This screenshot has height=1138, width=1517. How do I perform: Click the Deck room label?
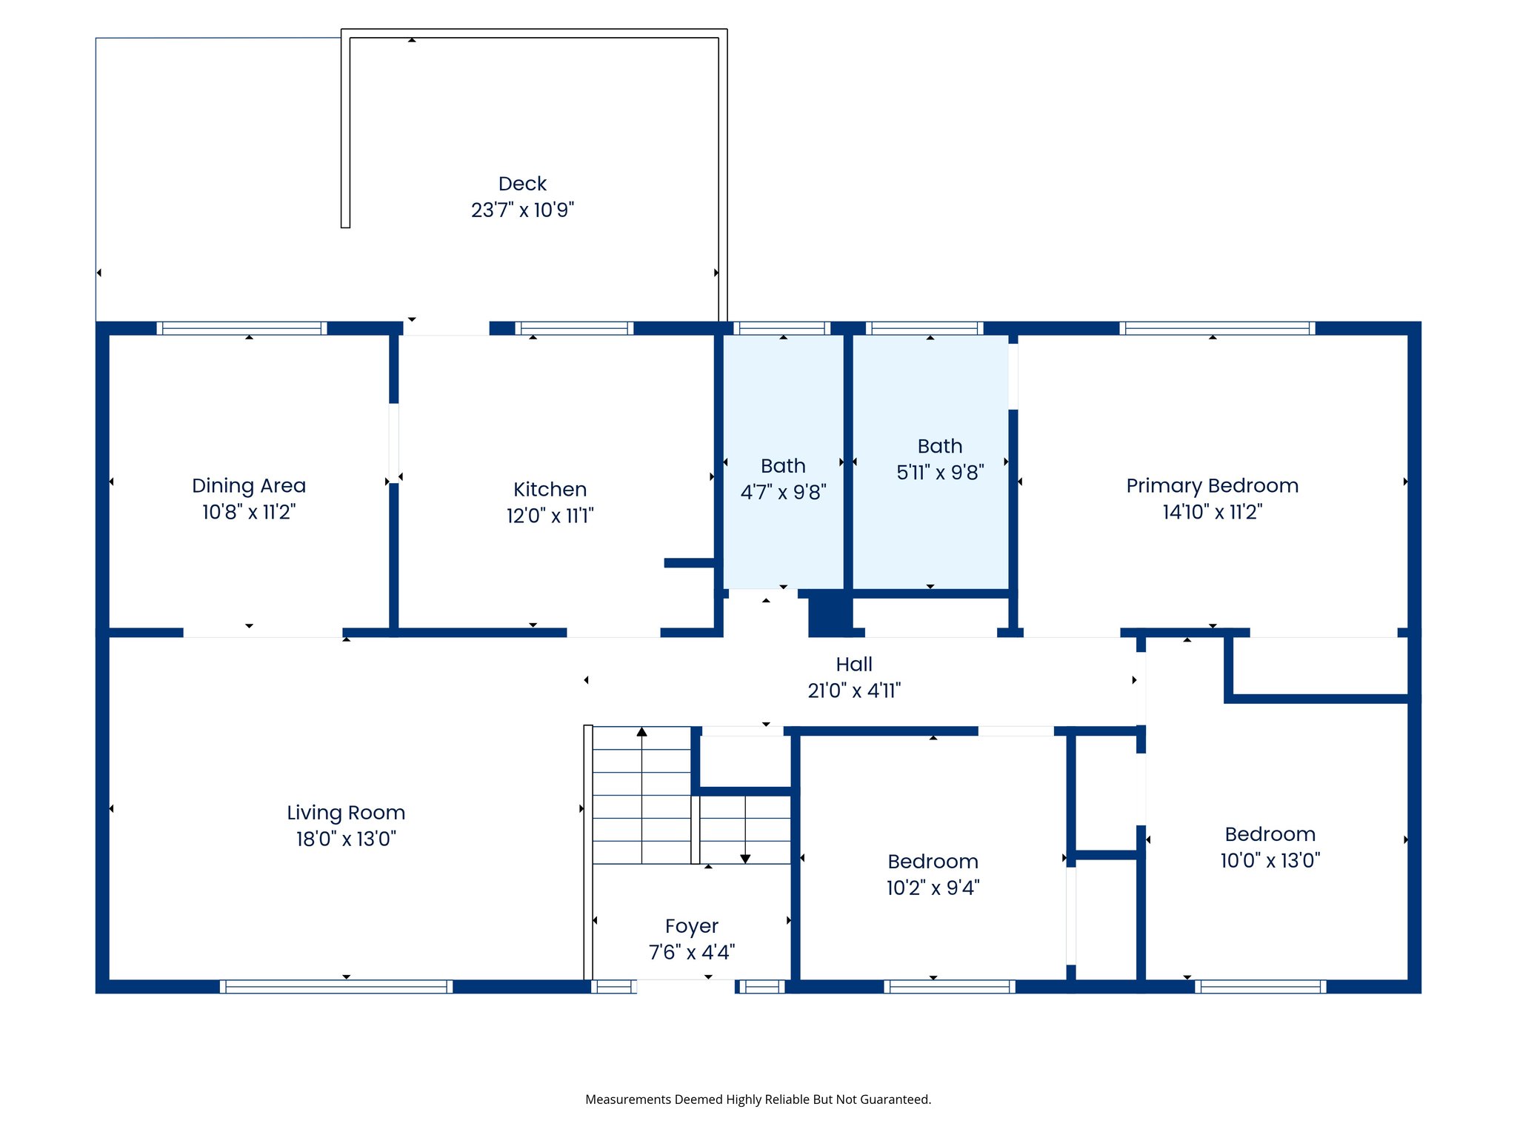pyautogui.click(x=522, y=184)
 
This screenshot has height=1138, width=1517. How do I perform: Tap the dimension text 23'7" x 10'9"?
pyautogui.click(x=522, y=210)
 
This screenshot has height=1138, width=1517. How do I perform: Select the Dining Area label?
pyautogui.click(x=248, y=486)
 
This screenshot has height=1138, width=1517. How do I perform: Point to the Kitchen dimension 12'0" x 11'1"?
pyautogui.click(x=550, y=516)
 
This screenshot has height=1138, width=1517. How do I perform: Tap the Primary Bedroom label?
pyautogui.click(x=1212, y=486)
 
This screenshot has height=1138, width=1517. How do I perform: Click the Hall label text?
pyautogui.click(x=853, y=665)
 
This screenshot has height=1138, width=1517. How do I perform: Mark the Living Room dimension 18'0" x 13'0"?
pyautogui.click(x=346, y=839)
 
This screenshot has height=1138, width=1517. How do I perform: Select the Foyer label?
pyautogui.click(x=691, y=926)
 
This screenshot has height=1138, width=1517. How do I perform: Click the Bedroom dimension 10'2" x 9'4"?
pyautogui.click(x=933, y=888)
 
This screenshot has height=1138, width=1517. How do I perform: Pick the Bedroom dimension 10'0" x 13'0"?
pyautogui.click(x=1270, y=860)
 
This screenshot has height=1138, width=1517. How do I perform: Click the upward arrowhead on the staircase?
pyautogui.click(x=641, y=732)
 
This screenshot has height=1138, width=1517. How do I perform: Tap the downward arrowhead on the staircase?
pyautogui.click(x=745, y=859)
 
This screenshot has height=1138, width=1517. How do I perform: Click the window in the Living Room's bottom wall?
pyautogui.click(x=336, y=986)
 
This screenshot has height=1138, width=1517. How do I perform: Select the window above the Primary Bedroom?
pyautogui.click(x=1216, y=328)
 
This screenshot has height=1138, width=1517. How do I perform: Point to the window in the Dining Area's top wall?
pyautogui.click(x=241, y=328)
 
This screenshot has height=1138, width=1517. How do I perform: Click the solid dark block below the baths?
pyautogui.click(x=830, y=613)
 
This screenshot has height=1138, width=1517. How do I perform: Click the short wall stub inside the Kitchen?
pyautogui.click(x=689, y=563)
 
